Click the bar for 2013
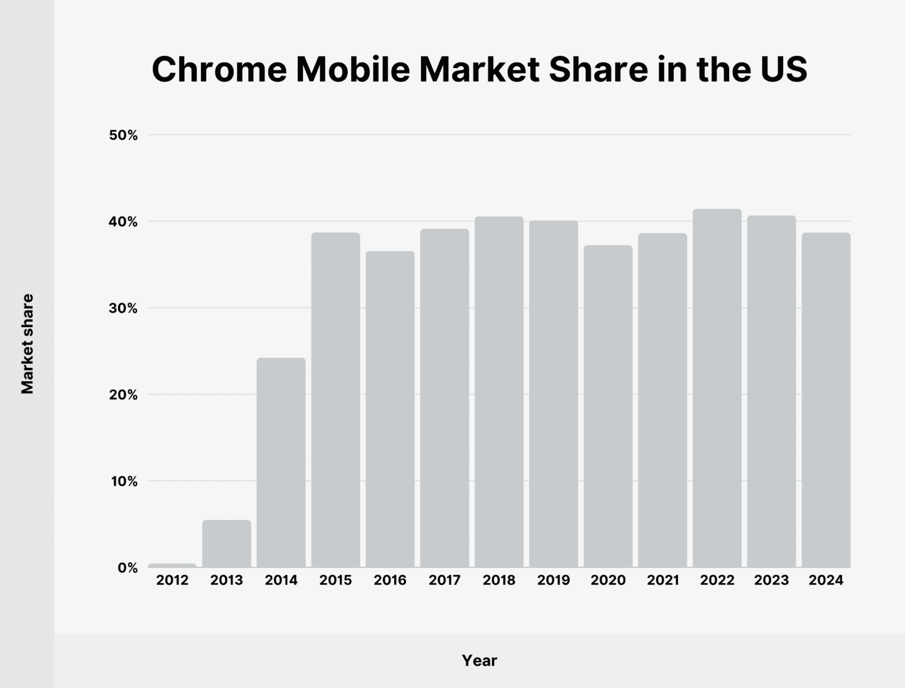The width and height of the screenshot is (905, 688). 226,544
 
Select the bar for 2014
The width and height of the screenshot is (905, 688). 281,463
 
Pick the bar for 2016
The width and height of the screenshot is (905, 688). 390,409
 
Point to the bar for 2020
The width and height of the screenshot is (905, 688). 608,406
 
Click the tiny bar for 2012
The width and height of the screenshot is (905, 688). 172,565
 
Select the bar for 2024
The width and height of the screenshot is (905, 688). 826,400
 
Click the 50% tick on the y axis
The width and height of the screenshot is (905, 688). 124,135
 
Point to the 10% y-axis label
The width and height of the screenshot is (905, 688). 124,482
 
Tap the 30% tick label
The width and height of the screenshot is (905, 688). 124,308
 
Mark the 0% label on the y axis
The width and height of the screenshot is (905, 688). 127,568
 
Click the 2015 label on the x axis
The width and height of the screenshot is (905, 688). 336,580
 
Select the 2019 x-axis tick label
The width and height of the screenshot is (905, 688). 553,580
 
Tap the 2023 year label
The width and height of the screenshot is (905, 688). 771,580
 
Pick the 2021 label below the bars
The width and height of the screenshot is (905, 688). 662,580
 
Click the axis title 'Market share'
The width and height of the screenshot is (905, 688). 27,344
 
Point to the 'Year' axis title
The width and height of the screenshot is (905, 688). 480,660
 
